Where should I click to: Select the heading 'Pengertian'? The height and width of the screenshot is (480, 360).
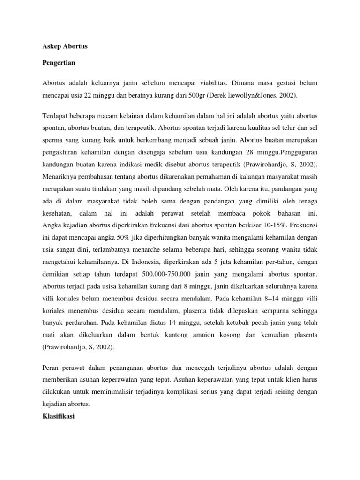[59, 62]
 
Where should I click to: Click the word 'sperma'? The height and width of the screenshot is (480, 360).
[53, 139]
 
